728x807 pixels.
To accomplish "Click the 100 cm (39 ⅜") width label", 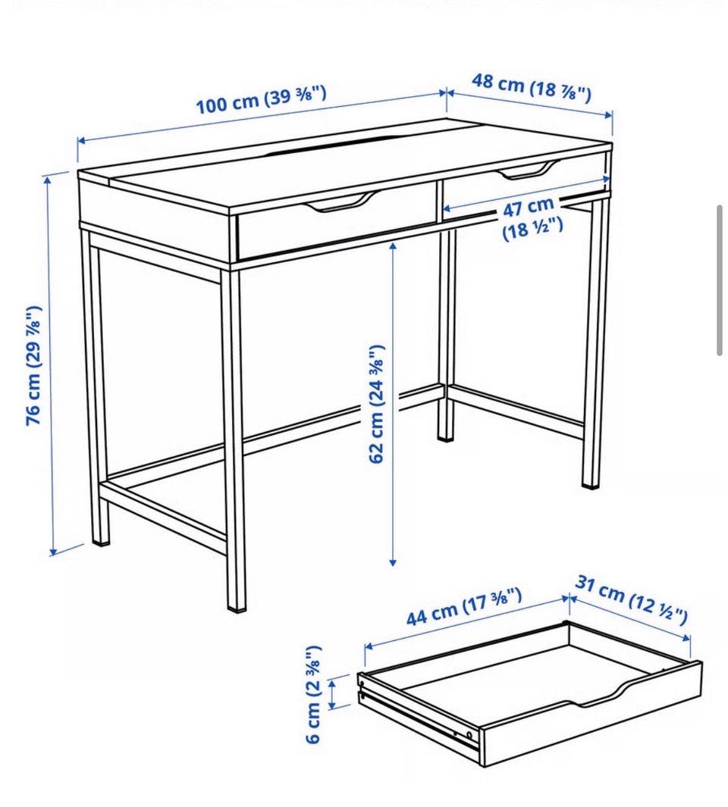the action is tap(261, 99).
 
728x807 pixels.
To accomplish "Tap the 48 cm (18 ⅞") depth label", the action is tap(531, 87).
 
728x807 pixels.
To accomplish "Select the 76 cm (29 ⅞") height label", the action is tap(33, 365).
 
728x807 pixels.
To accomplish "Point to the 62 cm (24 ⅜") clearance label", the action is tap(377, 404).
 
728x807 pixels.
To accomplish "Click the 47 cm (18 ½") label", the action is tap(531, 218).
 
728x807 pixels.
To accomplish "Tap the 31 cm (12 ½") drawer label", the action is tap(631, 599).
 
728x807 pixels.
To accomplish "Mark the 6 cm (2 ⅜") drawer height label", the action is tap(314, 694).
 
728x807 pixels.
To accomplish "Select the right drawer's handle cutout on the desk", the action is tap(529, 170).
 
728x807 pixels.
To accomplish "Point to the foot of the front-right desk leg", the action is tap(591, 481).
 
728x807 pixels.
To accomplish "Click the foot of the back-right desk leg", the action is tap(446, 436).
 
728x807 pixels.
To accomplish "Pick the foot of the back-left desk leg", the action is tap(100, 538).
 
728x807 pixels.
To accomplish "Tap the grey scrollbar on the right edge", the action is tap(720, 280).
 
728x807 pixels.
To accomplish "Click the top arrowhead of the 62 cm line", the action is tap(393, 246).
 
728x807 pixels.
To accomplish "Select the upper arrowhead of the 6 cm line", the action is tap(332, 682).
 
